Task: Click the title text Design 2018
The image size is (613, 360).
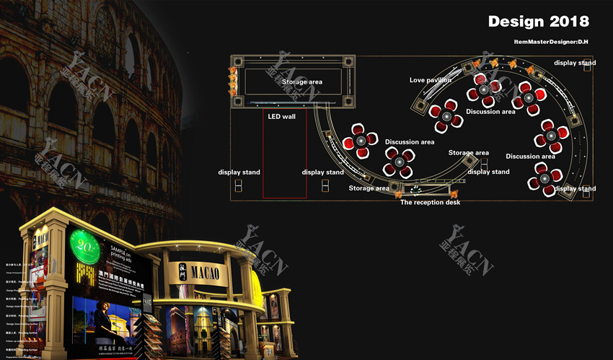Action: (x=538, y=21)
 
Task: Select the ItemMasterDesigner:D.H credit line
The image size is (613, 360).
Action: (x=552, y=42)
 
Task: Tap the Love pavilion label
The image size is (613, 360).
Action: (x=430, y=80)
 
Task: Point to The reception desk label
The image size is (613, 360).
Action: (x=430, y=202)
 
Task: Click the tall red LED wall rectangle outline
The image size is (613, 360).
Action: (x=284, y=153)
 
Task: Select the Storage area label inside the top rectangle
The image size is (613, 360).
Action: (x=301, y=82)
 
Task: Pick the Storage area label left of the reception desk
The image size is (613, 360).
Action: (x=369, y=188)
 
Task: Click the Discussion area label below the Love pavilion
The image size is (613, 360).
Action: (x=490, y=112)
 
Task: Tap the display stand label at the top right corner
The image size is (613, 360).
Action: (x=575, y=63)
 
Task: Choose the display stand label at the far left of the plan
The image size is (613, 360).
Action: (x=239, y=172)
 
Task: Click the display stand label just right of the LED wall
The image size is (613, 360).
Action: (x=322, y=172)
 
